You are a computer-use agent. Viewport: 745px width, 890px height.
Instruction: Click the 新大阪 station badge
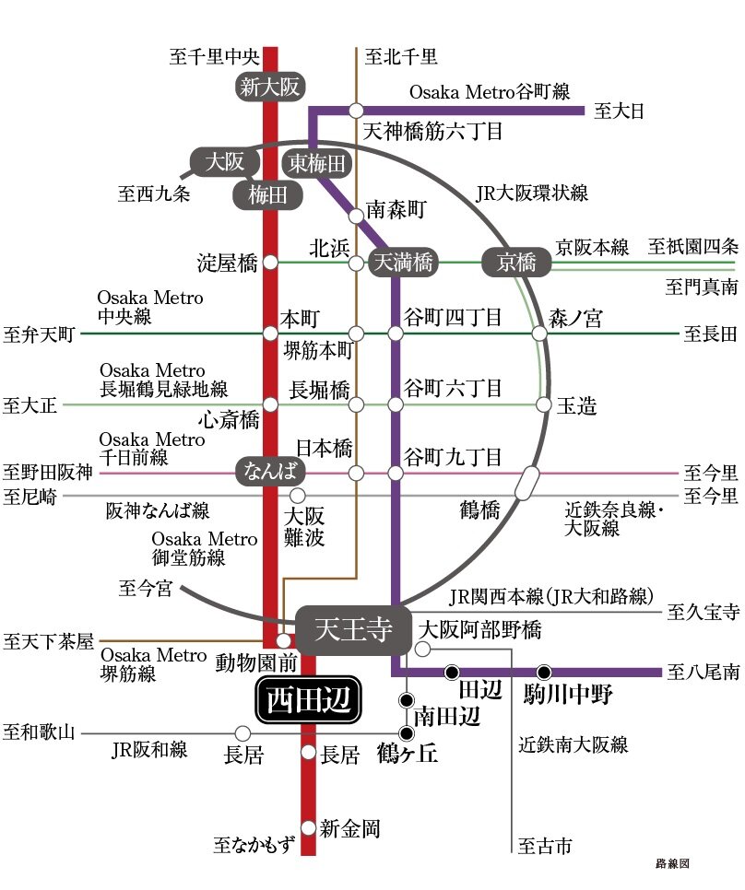coord(269,88)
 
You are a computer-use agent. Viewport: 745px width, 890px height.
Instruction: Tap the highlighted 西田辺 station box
coord(308,703)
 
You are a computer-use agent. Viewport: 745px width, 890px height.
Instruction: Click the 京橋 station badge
coord(515,263)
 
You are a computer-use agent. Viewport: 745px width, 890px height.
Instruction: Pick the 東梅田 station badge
coord(317,164)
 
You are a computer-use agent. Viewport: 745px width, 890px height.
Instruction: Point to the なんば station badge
coord(271,472)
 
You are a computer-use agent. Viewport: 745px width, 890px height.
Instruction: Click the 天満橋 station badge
coord(402,263)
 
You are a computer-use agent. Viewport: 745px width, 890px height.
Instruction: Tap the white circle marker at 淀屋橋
coord(270,263)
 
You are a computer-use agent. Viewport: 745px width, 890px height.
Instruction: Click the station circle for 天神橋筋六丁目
coord(357,111)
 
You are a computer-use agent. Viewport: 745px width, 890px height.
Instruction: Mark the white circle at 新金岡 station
coord(309,827)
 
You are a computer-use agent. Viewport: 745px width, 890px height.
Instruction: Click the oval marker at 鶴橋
coord(528,483)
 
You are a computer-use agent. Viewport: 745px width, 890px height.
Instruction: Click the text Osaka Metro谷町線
coord(490,91)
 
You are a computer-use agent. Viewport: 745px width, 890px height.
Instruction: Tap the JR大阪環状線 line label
coord(532,193)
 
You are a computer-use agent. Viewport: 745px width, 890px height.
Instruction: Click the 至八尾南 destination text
coord(703,672)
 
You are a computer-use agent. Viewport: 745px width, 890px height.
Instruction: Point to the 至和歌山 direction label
coord(38,733)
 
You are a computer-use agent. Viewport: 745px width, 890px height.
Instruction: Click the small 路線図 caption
coord(672,864)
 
